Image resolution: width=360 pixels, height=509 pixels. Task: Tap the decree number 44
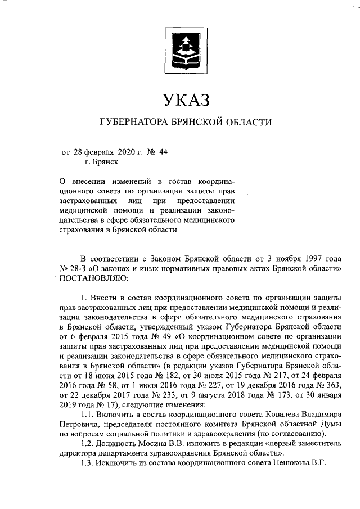click(164, 151)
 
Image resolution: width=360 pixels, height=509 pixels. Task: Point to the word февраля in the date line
click(100, 151)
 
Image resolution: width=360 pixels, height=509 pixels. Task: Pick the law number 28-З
click(77, 268)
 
